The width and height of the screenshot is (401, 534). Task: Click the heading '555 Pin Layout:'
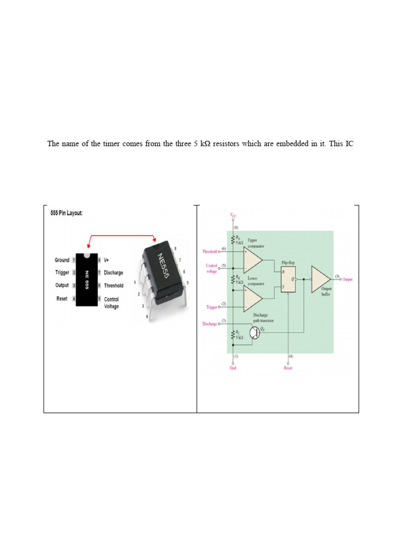pos(66,214)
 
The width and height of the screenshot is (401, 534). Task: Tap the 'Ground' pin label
pos(62,260)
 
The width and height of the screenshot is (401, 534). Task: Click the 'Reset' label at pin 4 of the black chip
pos(62,298)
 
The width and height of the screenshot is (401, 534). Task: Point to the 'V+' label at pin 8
pos(107,260)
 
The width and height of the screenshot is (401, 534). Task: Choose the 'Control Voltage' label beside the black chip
pos(111,303)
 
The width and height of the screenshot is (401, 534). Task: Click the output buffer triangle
pos(320,279)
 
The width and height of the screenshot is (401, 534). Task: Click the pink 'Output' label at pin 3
pos(347,280)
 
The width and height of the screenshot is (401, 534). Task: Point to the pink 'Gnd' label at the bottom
pos(233,368)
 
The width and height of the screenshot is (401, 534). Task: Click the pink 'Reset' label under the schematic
pos(288,368)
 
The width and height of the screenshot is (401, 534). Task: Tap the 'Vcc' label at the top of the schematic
pos(233,214)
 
